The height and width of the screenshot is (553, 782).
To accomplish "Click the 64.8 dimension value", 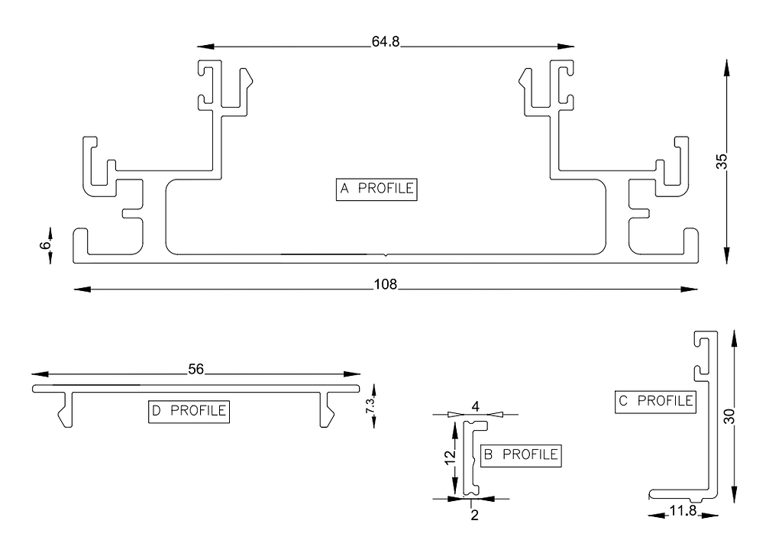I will click(x=386, y=42).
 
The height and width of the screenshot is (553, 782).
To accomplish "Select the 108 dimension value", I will click(x=386, y=285).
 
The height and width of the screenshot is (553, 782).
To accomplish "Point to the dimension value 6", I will click(x=45, y=244).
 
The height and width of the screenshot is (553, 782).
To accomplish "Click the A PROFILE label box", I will click(x=377, y=189).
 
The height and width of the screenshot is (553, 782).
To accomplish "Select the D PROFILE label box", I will click(x=189, y=411).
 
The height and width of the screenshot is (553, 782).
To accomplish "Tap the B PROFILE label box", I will click(x=520, y=455).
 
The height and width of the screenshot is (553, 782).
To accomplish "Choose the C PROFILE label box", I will click(x=655, y=400).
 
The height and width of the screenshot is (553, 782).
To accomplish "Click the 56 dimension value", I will click(x=195, y=370).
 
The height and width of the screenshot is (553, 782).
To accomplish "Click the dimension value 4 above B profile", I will click(x=475, y=407).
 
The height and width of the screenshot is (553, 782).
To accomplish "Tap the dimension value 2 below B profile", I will click(x=474, y=515).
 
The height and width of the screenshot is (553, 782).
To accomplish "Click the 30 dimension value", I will click(x=729, y=417).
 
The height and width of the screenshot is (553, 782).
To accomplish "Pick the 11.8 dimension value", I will click(x=684, y=511).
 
